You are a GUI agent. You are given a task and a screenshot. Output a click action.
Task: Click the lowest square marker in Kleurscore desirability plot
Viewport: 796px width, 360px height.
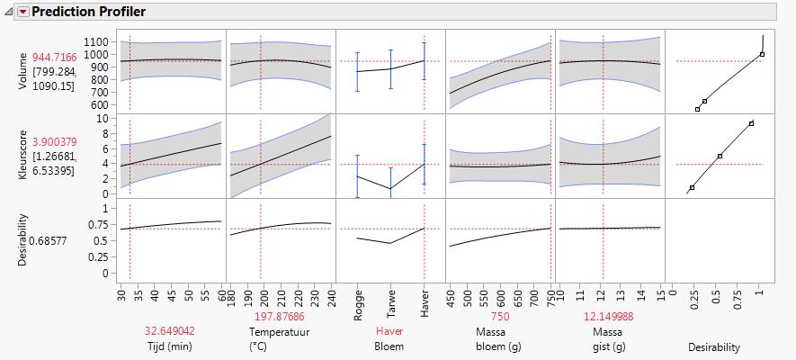pyautogui.click(x=692, y=187)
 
